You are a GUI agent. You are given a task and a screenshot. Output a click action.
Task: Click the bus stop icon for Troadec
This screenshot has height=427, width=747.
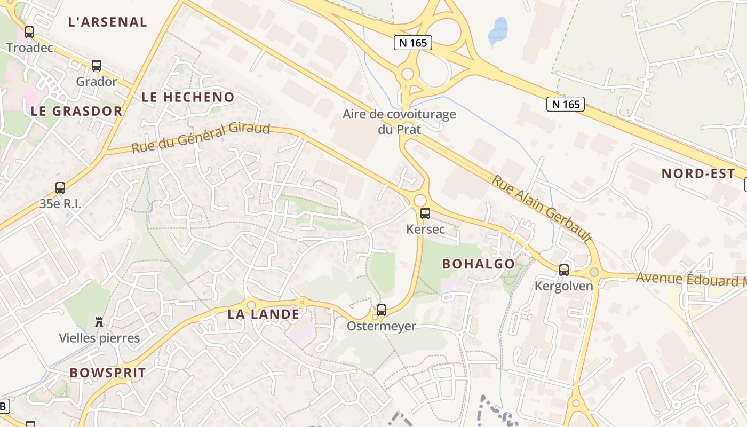(29, 32)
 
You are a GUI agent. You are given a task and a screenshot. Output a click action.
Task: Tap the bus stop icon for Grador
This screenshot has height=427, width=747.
(97, 66)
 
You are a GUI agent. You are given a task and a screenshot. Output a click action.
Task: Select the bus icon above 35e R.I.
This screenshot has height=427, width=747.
(60, 188)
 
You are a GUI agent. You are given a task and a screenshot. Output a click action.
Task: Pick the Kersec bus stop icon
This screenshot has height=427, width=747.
(425, 213)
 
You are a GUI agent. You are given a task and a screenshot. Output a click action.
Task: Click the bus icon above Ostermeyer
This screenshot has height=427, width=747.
(382, 310)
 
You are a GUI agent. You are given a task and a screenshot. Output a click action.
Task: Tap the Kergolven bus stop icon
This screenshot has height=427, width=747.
(564, 270)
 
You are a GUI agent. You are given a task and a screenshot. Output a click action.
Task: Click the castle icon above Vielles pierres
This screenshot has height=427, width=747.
(99, 322)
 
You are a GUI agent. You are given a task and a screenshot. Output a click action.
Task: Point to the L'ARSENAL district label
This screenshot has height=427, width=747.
(108, 22)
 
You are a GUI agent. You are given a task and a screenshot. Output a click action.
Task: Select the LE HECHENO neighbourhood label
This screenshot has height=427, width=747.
(188, 97)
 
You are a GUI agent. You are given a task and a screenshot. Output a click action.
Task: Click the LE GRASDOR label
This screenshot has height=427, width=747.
(77, 111)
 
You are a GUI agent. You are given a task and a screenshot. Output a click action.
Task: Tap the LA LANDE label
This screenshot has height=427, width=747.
(264, 314)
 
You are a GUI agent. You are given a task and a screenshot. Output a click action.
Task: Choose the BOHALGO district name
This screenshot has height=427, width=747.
(479, 264)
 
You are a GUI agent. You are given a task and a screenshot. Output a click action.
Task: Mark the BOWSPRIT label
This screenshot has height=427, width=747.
(108, 373)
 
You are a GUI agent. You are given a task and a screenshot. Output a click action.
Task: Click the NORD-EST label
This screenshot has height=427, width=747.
(698, 173)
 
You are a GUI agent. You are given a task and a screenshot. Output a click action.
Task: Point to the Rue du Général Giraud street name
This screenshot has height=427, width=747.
(201, 138)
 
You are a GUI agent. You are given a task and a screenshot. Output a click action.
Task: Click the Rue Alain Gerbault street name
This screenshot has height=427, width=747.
(542, 209)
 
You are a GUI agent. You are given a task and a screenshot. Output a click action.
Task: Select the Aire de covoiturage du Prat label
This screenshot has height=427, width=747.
(399, 122)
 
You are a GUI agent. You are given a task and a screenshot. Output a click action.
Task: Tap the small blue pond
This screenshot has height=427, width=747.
(498, 31)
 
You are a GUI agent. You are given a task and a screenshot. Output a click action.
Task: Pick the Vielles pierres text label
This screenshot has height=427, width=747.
(99, 338)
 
